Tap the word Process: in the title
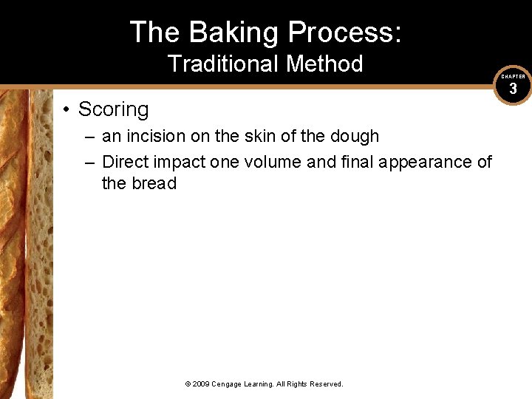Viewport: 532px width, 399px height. pyautogui.click(x=345, y=33)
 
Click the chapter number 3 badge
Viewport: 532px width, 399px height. pyautogui.click(x=513, y=89)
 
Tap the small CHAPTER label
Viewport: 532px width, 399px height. pyautogui.click(x=513, y=77)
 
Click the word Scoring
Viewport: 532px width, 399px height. pyautogui.click(x=113, y=109)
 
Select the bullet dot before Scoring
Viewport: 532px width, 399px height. pyautogui.click(x=66, y=110)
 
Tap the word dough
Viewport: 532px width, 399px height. pyautogui.click(x=353, y=137)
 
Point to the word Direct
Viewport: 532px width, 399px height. pyautogui.click(x=125, y=162)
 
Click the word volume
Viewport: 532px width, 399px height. pyautogui.click(x=271, y=162)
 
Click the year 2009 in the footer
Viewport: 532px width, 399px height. pyautogui.click(x=202, y=384)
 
